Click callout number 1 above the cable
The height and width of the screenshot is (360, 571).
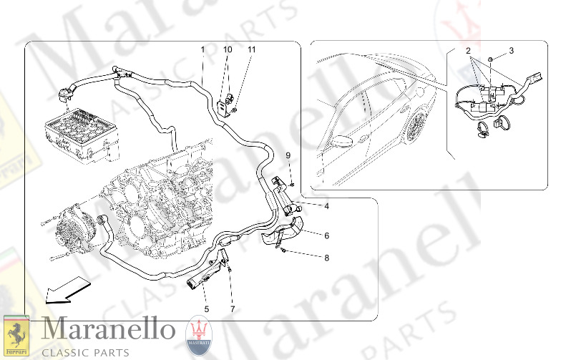click(202, 49)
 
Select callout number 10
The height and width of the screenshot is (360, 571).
click(228, 49)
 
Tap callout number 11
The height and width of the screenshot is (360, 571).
click(252, 49)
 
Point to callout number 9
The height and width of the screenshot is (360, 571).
click(288, 155)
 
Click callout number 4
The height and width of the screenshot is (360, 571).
click(327, 206)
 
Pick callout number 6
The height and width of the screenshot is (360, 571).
click(327, 235)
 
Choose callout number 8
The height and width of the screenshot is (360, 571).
click(327, 258)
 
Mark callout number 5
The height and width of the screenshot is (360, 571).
click(207, 309)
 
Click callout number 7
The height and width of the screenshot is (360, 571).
click(233, 309)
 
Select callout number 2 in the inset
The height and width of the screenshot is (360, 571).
click(468, 51)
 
